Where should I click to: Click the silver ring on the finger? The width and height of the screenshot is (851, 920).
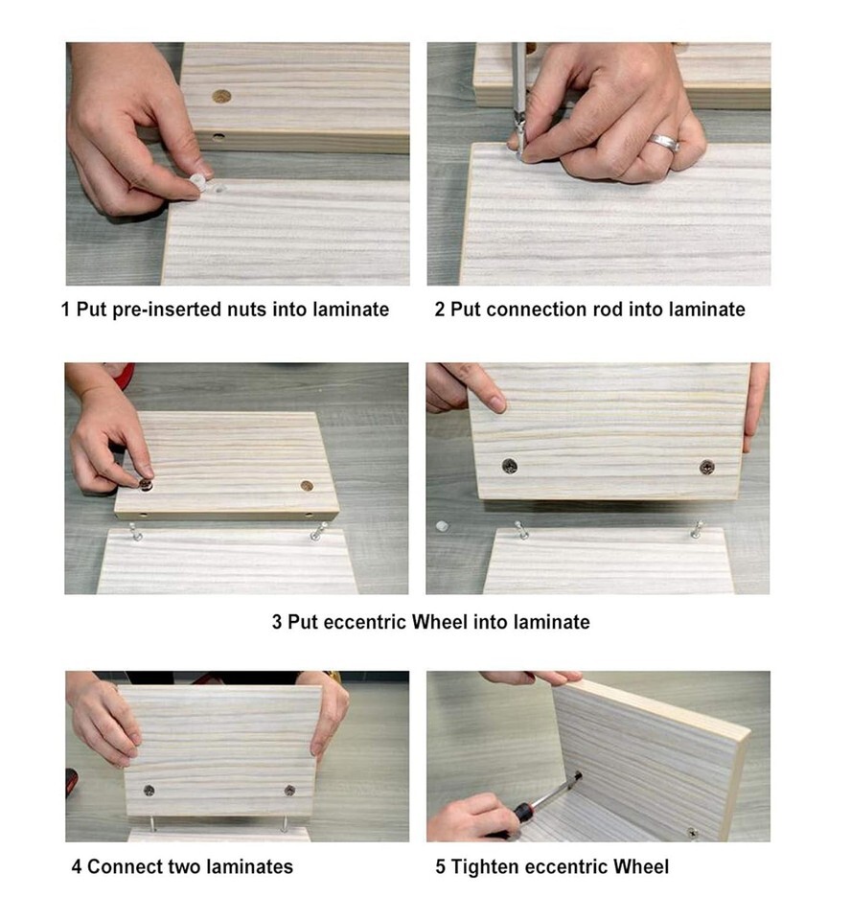coord(664,142)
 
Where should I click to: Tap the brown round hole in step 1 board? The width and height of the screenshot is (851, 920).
coord(221,97)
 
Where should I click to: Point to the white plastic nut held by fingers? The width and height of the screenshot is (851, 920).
coord(199,181)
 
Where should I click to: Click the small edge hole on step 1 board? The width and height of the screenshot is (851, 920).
coord(218,138)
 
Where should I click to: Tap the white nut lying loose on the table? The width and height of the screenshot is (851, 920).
coord(443,526)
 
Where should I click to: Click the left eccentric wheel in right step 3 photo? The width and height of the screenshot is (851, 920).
coord(510,467)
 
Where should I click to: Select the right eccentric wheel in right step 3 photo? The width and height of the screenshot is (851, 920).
coord(706,467)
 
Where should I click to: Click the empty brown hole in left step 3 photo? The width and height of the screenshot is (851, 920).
coord(307,486)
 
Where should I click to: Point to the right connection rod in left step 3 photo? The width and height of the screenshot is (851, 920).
coord(318,532)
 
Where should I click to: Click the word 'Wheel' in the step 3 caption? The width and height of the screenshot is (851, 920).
coord(440,621)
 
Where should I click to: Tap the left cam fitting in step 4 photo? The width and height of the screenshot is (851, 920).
coord(149,791)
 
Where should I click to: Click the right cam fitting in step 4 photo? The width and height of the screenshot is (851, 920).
coord(289,791)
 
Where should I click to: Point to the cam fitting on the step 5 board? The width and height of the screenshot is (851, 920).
coord(693,833)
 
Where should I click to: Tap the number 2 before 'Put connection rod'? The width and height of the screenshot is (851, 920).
coord(440,310)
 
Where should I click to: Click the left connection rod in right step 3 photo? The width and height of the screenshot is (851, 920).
coord(520,530)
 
